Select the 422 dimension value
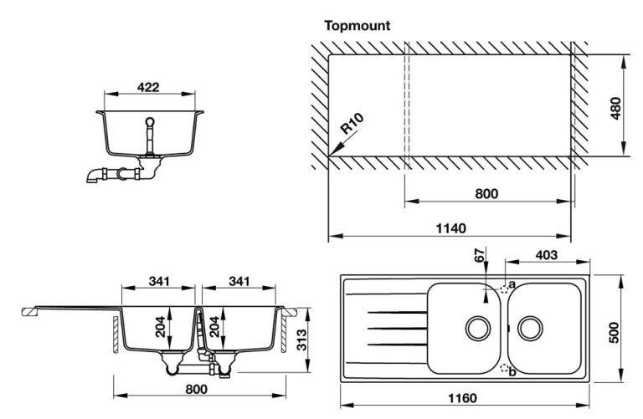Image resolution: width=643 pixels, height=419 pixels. pyautogui.click(x=149, y=87)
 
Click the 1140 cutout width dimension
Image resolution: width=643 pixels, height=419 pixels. pyautogui.click(x=450, y=227)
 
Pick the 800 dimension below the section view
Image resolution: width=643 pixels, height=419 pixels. pyautogui.click(x=194, y=389)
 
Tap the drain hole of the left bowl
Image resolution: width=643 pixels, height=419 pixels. pyautogui.click(x=478, y=327)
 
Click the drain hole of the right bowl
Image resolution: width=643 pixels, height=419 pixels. pyautogui.click(x=529, y=327)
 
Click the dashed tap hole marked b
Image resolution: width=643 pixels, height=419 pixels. pyautogui.click(x=504, y=368)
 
